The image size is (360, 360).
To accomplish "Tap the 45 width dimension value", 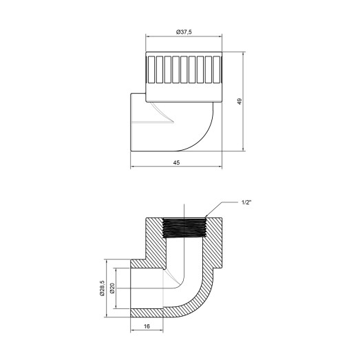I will pos(177,162).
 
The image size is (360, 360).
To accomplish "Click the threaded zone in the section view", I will pos(184,225).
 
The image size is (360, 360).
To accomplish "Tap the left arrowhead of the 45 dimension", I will pos(134,166).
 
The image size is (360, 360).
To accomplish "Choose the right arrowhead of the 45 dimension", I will pos(222,166).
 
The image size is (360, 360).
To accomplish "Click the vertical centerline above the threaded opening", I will pos(184,210).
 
